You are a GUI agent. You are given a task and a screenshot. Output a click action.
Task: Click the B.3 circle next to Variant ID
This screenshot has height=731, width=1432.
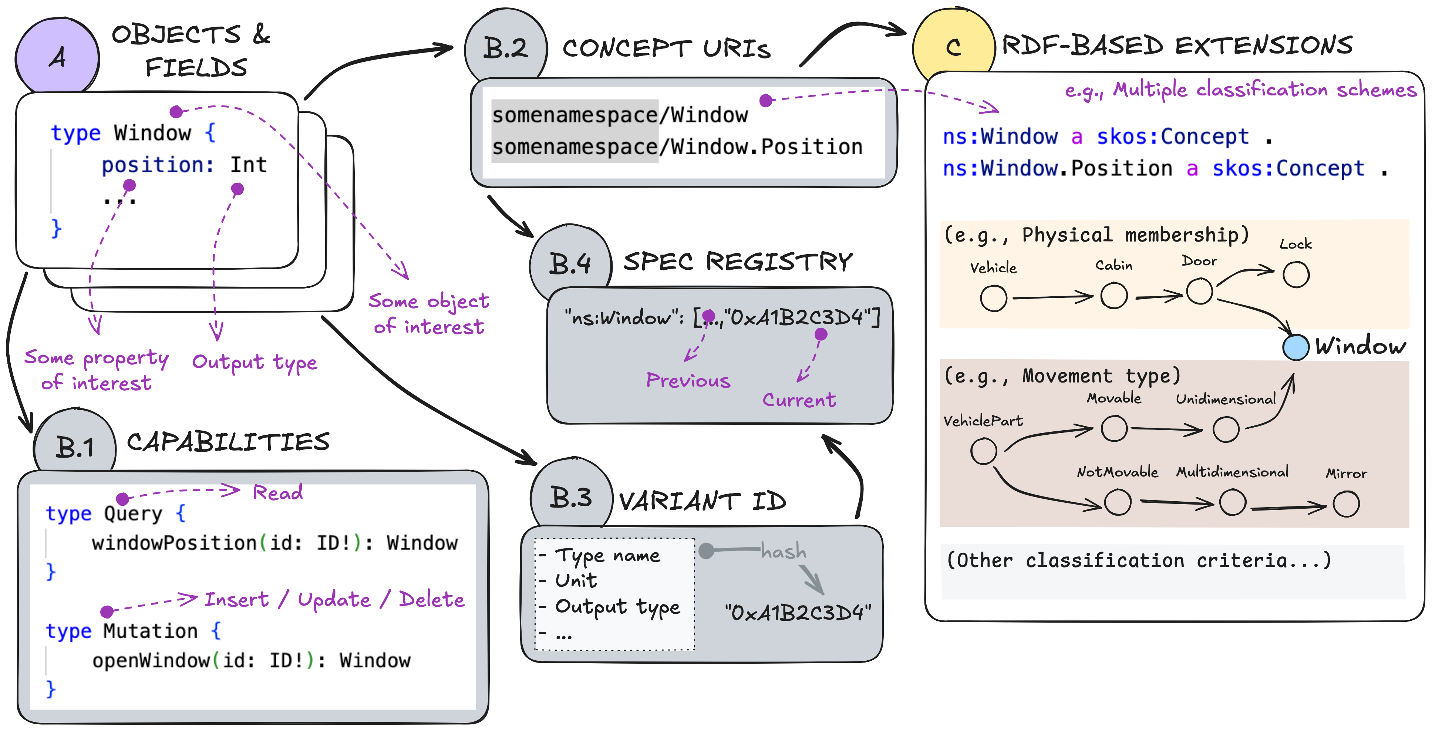571,496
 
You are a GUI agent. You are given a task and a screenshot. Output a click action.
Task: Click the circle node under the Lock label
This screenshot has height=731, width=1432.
1296,274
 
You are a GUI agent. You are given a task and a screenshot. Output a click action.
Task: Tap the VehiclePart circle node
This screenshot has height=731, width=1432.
983,451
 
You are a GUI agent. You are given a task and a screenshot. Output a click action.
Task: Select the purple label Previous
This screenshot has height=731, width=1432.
688,380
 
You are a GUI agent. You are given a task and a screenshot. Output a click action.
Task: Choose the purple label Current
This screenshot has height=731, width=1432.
799,400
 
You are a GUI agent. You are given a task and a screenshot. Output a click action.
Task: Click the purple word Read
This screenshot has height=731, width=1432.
277,492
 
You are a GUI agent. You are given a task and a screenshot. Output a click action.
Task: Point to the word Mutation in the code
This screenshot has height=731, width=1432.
150,631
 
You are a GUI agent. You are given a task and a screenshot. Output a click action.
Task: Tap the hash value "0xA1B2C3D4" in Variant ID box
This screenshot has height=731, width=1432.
798,613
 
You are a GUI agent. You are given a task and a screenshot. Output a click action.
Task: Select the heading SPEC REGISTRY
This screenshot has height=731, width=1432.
737,261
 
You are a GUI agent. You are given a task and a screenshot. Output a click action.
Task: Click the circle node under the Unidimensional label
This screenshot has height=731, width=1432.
1226,429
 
